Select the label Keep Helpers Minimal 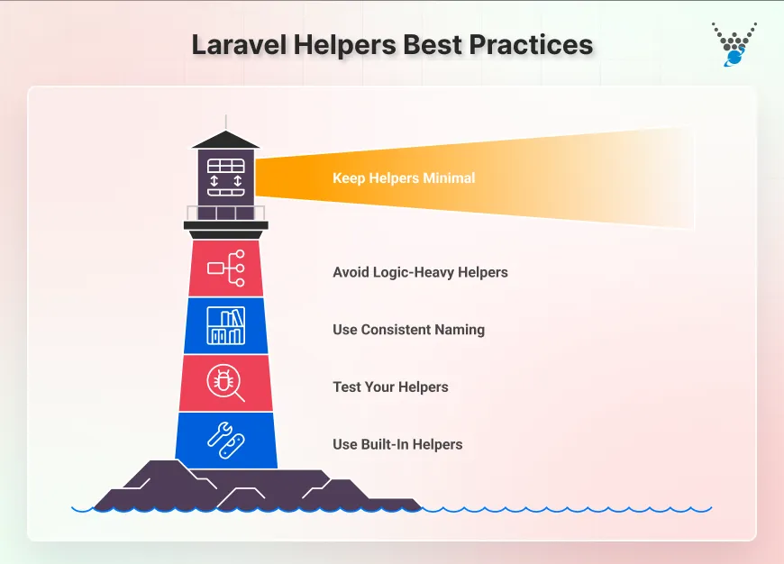403,177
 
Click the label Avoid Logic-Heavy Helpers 420,271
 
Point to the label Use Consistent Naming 408,329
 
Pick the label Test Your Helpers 390,387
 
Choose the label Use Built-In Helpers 397,444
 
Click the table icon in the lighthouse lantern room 226,177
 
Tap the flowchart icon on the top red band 226,268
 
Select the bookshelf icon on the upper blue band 225,325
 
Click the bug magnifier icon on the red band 225,382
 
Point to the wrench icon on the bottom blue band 225,440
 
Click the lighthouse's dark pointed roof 225,140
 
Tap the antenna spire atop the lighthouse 225,123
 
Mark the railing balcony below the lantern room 226,214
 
